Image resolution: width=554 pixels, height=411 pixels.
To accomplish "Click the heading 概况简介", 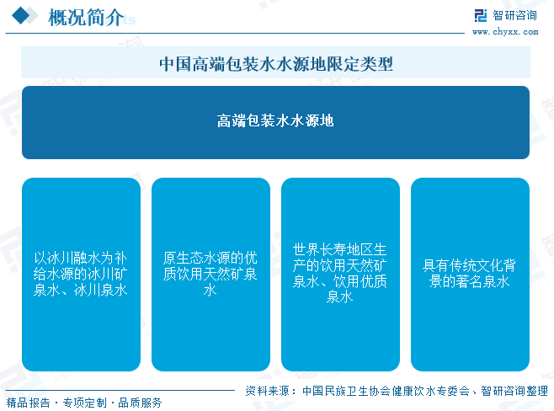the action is click(x=86, y=17).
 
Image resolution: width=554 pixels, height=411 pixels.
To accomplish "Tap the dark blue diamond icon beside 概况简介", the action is click(x=21, y=15).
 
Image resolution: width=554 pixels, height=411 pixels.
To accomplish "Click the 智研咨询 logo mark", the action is click(x=481, y=15).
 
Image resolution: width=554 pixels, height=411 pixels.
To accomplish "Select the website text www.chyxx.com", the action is click(x=505, y=32).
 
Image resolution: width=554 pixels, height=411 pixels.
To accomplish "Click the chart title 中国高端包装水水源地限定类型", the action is click(x=276, y=64).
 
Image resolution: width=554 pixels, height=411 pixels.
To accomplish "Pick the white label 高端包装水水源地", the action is click(x=275, y=121).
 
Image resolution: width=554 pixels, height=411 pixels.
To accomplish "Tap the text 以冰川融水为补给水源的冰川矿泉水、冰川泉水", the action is click(x=81, y=274).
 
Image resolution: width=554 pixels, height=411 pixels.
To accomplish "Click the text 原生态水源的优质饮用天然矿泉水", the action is click(x=210, y=274).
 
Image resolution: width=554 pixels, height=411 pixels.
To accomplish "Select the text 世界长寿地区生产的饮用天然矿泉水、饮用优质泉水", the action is click(x=340, y=273).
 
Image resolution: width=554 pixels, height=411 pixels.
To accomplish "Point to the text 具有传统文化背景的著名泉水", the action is click(x=469, y=274).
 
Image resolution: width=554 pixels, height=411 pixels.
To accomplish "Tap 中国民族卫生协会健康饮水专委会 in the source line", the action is click(x=386, y=391).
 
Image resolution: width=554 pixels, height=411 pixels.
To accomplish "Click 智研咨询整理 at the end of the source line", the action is click(x=514, y=391).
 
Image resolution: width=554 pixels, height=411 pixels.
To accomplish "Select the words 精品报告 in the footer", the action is click(x=29, y=403).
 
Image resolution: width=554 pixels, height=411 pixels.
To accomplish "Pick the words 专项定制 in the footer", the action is click(x=85, y=403).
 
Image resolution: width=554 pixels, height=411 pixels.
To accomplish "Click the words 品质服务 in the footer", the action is click(x=140, y=403).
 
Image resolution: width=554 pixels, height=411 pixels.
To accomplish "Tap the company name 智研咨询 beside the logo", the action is click(x=514, y=15).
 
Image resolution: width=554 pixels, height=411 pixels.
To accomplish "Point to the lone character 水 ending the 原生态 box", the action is click(x=210, y=290).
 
